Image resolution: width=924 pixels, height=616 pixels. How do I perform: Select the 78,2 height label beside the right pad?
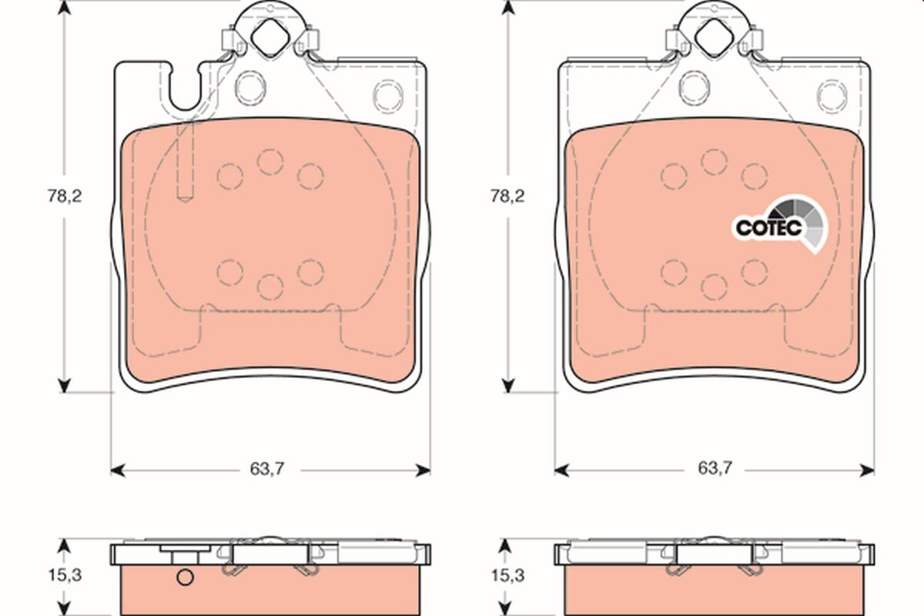508,196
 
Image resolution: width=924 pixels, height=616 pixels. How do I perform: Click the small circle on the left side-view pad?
185,578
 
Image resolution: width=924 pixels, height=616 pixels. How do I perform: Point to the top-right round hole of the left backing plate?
387,95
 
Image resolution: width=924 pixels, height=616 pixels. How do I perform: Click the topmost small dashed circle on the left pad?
270,162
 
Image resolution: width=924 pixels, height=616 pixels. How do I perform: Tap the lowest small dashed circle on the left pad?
270,286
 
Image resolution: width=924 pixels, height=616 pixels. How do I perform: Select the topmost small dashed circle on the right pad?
714,162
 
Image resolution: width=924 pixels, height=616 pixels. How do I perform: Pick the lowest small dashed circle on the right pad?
714,286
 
